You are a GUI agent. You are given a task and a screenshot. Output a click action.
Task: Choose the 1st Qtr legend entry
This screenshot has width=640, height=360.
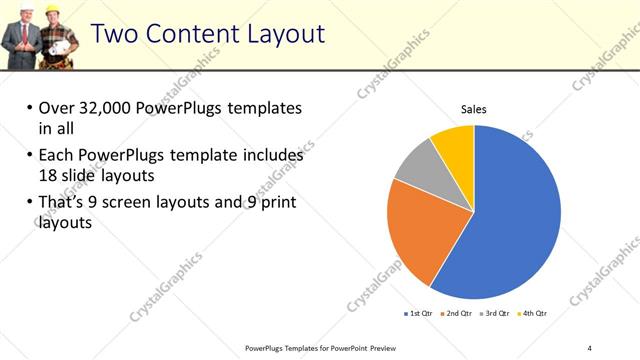click(x=418, y=313)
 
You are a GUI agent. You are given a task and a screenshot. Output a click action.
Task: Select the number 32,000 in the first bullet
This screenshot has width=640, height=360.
click(x=106, y=108)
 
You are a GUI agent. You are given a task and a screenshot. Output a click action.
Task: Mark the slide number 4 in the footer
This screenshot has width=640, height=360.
click(x=590, y=348)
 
